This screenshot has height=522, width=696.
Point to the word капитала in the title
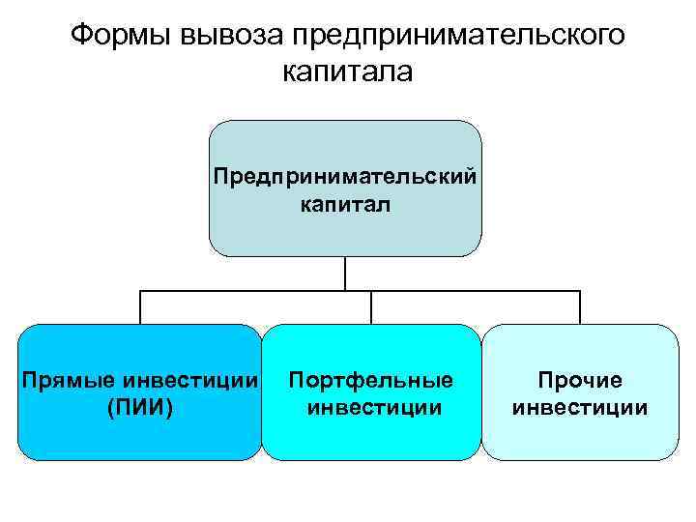point(347,72)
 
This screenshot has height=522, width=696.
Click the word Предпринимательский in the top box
point(345,177)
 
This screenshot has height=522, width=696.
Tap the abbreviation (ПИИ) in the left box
point(141,408)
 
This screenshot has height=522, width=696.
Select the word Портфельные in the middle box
point(371,381)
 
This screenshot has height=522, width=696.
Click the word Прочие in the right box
point(580,381)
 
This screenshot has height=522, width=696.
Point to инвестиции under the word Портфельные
point(371,408)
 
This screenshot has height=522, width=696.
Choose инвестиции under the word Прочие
point(580,408)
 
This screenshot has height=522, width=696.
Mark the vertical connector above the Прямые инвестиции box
point(141,307)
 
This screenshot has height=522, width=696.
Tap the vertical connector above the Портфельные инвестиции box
point(372,307)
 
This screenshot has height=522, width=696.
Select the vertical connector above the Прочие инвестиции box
point(580,307)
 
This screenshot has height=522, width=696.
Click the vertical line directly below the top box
point(345,274)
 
